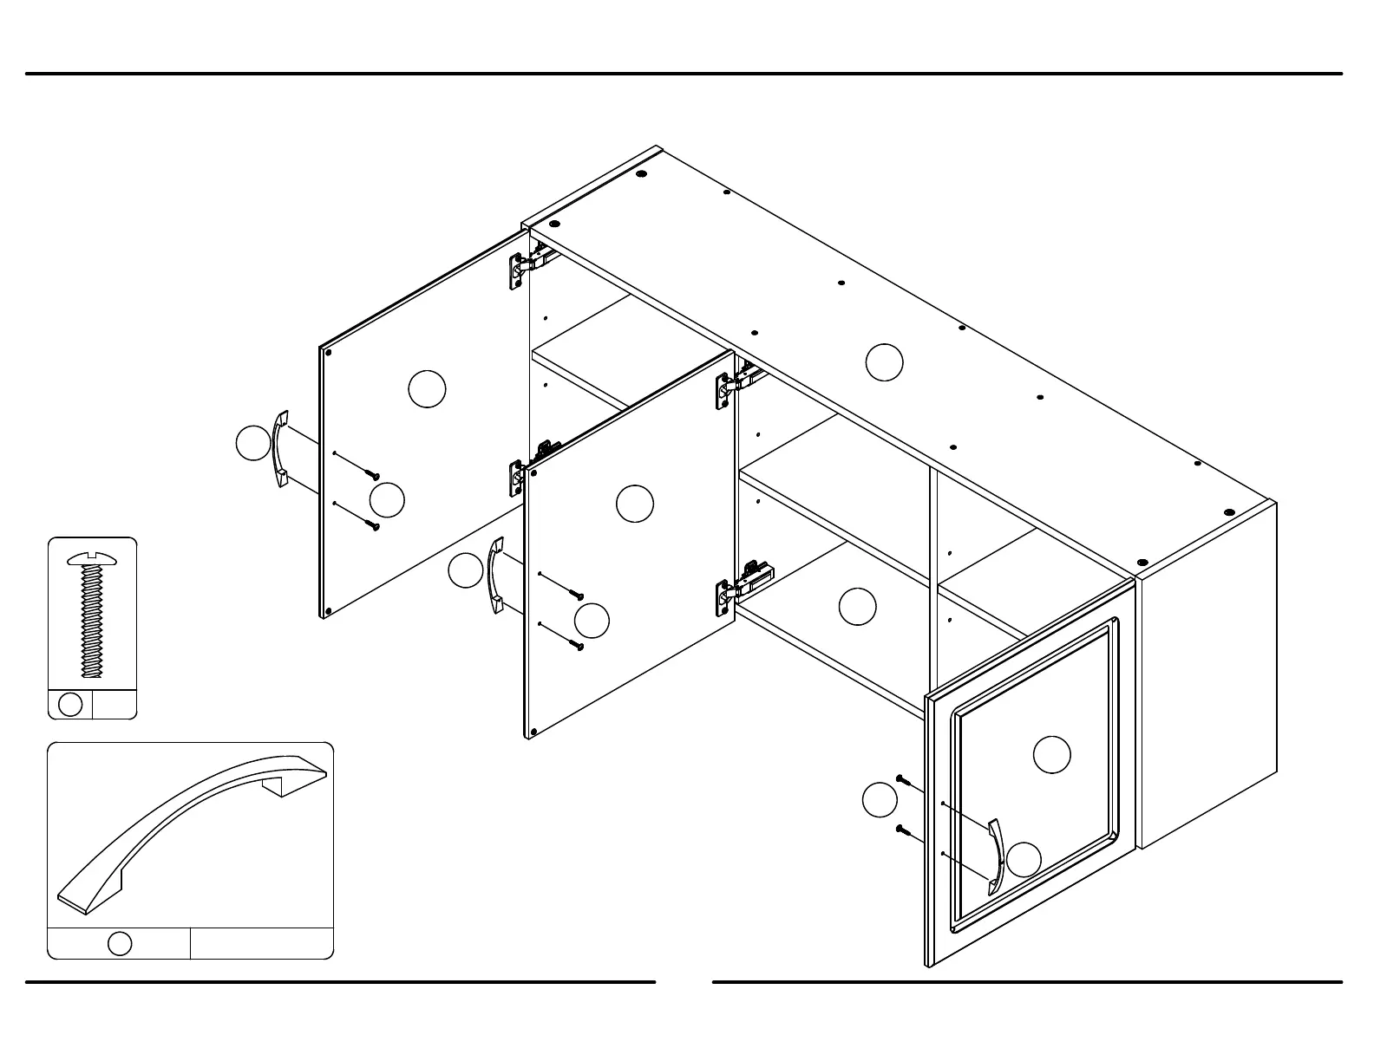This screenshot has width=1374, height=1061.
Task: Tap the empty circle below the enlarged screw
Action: click(x=70, y=705)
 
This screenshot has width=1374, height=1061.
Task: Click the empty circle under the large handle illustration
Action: click(x=120, y=943)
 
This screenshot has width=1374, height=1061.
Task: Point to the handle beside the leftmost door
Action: click(x=280, y=448)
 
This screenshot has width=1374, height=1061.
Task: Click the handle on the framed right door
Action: click(x=996, y=856)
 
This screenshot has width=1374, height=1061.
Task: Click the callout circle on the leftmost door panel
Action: click(x=427, y=389)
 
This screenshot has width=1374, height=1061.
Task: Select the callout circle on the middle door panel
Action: click(x=634, y=504)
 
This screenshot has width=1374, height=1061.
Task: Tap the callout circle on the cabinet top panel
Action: click(x=884, y=361)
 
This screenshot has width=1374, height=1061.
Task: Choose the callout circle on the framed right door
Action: click(x=1051, y=754)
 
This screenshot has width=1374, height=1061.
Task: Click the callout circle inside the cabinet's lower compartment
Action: click(x=857, y=606)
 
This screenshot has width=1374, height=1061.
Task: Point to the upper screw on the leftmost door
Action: click(x=373, y=475)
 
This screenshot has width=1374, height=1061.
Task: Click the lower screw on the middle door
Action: click(x=577, y=645)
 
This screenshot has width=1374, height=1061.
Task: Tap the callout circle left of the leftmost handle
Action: click(x=253, y=443)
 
